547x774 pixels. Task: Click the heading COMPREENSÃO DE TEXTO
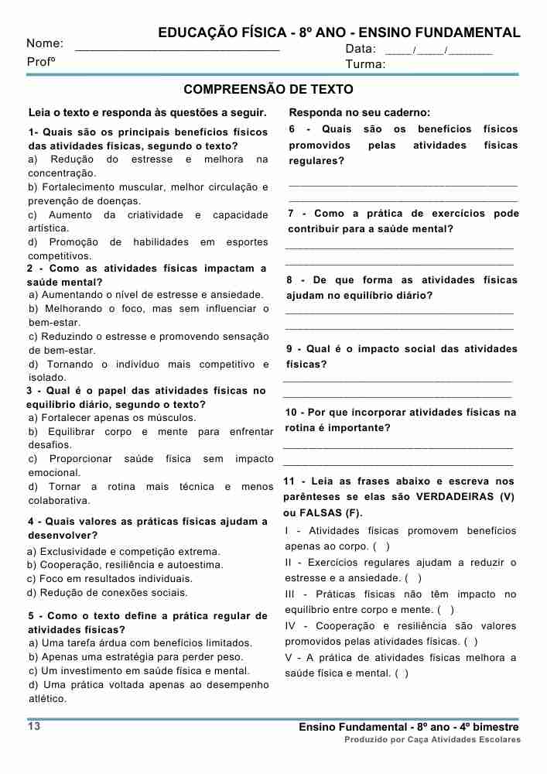click(268, 90)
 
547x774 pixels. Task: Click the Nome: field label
click(45, 43)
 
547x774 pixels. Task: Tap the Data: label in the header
click(361, 49)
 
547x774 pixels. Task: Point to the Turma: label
click(365, 64)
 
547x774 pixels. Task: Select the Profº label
click(42, 61)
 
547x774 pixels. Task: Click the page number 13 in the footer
click(34, 726)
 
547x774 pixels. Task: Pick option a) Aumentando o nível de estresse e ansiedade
click(146, 295)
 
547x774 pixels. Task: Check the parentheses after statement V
click(402, 673)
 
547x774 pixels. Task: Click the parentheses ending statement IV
click(470, 642)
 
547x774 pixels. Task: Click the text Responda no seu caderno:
click(360, 112)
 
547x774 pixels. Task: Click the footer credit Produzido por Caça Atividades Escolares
click(432, 740)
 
